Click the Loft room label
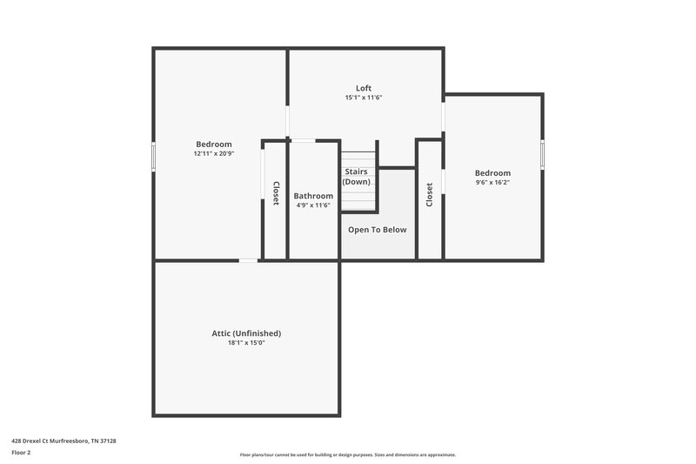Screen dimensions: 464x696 364,88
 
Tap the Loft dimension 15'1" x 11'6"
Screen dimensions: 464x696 364,98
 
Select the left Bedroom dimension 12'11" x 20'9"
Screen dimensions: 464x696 214,153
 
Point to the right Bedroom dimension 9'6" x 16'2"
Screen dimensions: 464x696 492,182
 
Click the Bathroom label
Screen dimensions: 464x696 313,196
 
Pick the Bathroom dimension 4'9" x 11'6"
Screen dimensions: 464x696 313,205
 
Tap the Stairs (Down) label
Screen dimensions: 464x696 357,177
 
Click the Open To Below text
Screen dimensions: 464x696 378,230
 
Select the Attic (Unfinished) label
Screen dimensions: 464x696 246,333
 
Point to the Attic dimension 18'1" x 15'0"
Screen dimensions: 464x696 246,343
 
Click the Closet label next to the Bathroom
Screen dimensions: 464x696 276,193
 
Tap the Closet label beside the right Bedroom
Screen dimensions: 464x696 430,193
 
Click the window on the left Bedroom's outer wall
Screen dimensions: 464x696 155,157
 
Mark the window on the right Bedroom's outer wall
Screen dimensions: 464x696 542,153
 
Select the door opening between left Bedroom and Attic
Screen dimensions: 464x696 249,259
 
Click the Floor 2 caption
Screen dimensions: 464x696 21,453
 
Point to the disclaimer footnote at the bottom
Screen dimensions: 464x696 348,454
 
